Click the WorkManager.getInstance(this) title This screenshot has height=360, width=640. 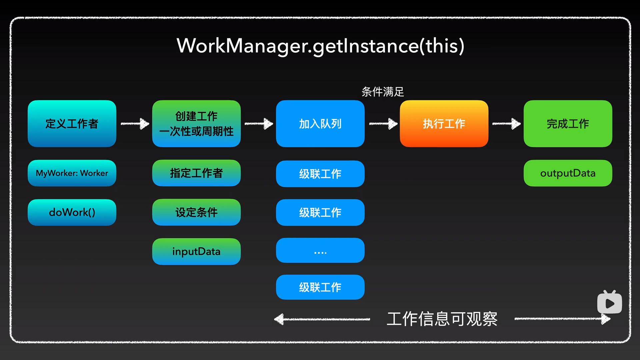[x=320, y=46]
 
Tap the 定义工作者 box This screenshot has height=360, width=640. [x=72, y=124]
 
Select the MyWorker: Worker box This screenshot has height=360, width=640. [x=72, y=173]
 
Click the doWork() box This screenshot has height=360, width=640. [x=72, y=212]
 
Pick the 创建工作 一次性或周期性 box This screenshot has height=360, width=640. [x=196, y=124]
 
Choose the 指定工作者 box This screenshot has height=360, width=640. [x=196, y=173]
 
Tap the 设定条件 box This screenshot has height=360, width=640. [x=196, y=212]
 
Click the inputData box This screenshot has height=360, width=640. [x=196, y=251]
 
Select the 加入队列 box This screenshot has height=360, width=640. [x=320, y=124]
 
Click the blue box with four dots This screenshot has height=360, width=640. [x=320, y=250]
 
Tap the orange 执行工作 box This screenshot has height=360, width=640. [x=444, y=124]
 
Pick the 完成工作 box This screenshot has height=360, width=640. [x=568, y=124]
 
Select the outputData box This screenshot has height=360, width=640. [x=568, y=173]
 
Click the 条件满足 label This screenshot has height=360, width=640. [x=383, y=92]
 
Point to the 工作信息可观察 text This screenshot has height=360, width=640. [x=442, y=319]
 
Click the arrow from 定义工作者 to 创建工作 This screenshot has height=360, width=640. [x=135, y=124]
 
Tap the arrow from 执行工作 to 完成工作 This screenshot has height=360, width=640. [x=506, y=124]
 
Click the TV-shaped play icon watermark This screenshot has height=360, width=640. [x=609, y=303]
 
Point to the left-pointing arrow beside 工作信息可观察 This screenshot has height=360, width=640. [x=321, y=319]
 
